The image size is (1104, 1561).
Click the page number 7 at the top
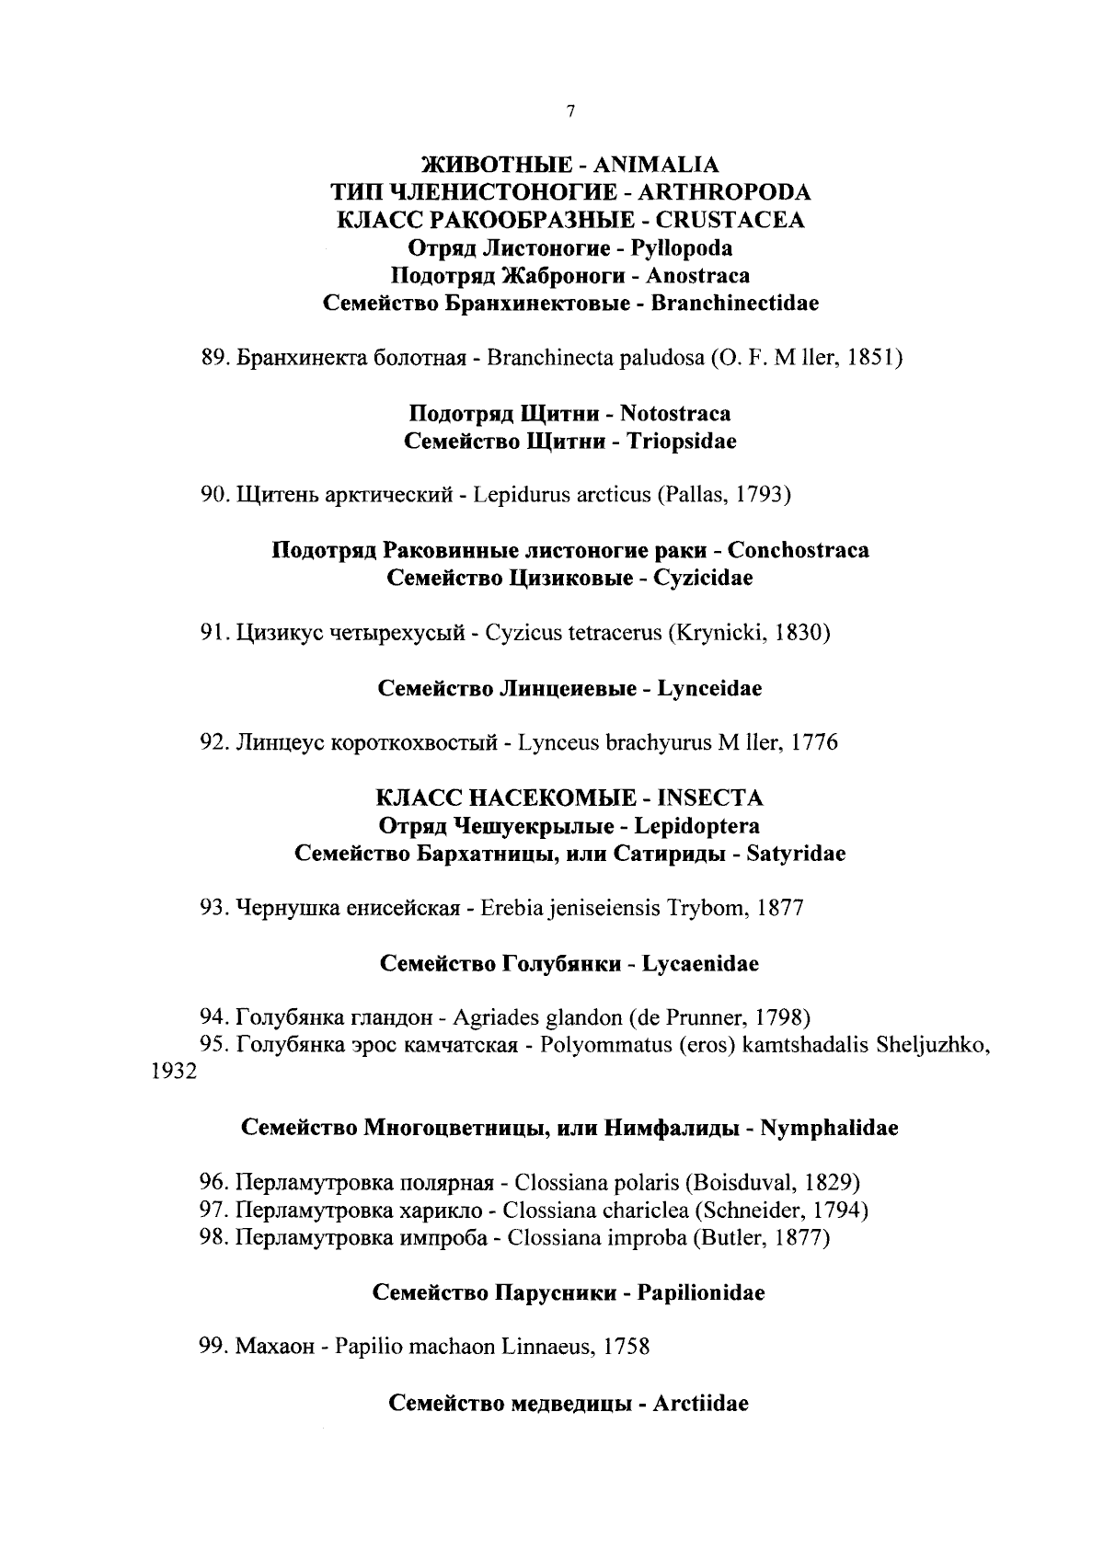pyautogui.click(x=570, y=111)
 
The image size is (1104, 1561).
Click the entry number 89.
pyautogui.click(x=214, y=358)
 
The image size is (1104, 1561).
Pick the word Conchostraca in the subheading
pyautogui.click(x=798, y=550)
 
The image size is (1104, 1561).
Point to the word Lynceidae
pyautogui.click(x=709, y=688)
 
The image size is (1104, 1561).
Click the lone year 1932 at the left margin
pyautogui.click(x=173, y=1072)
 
